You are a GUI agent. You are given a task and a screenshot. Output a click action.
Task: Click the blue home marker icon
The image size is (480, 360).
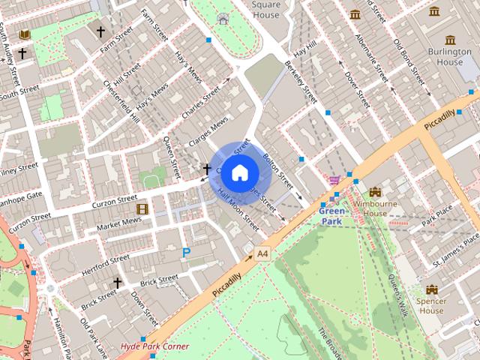click(x=238, y=172)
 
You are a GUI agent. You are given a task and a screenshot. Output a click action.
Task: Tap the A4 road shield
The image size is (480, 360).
click(x=262, y=254)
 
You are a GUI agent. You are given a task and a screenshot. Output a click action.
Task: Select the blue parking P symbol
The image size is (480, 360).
click(x=185, y=253)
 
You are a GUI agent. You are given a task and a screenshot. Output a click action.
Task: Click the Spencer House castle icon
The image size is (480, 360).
click(x=431, y=289)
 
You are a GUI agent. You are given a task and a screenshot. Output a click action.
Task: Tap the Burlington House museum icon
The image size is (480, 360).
click(x=450, y=40)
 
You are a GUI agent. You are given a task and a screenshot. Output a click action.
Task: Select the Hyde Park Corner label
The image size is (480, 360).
click(x=154, y=346)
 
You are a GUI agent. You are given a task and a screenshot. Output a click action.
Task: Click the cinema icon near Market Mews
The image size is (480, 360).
click(x=142, y=208)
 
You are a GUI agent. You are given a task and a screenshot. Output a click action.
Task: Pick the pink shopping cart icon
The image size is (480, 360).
click(x=335, y=179)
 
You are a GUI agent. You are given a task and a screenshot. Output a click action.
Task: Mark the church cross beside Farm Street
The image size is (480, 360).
click(x=100, y=31)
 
